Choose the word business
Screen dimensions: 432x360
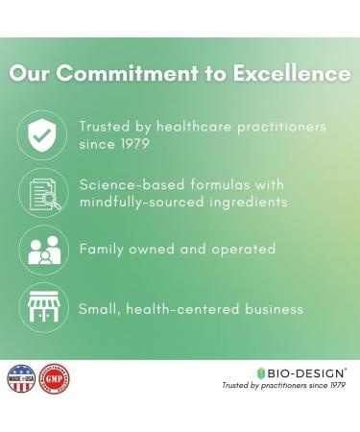tap(272, 308)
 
